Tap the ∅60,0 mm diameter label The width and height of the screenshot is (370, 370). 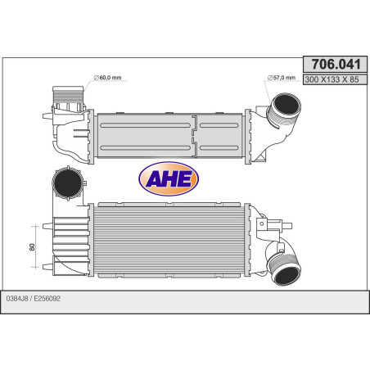coord(108,78)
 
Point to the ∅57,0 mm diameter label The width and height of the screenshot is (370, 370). coord(282,78)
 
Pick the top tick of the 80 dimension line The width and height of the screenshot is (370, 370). coord(33,223)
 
